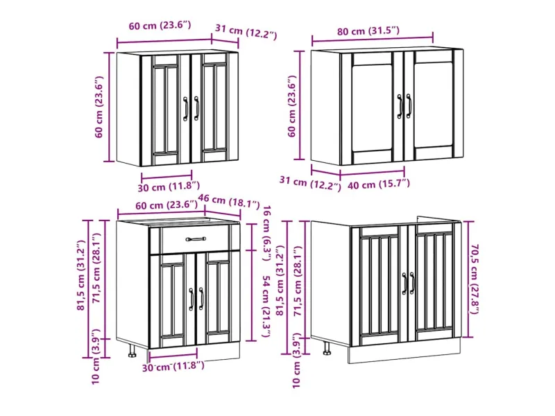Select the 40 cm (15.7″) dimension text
[x=379, y=184]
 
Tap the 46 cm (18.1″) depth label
[x=230, y=204]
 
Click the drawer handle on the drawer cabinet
[x=196, y=239]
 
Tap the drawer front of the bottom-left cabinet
[x=196, y=239]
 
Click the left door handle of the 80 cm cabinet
[x=400, y=105]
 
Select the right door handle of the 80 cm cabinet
[x=409, y=105]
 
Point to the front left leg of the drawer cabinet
[x=133, y=350]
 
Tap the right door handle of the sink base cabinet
[x=413, y=283]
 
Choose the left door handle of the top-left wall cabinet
[x=186, y=107]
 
